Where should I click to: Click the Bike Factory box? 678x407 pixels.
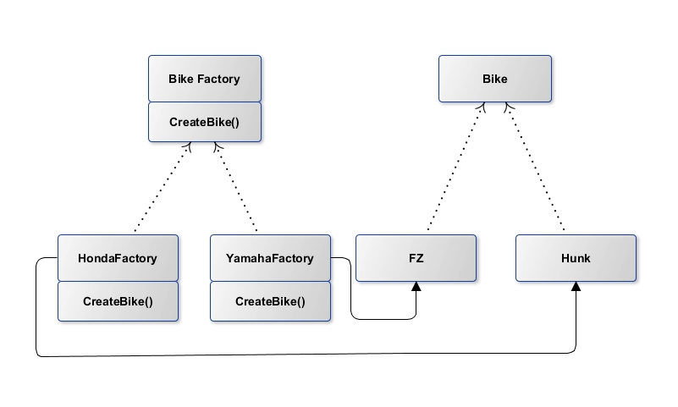click(205, 79)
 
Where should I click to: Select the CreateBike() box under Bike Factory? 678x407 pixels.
click(205, 122)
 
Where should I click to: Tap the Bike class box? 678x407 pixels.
click(495, 79)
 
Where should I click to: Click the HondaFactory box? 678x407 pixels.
click(118, 258)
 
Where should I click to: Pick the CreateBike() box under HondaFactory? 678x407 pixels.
click(118, 301)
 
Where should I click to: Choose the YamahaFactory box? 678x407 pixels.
click(270, 258)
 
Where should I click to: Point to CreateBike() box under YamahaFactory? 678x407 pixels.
click(270, 301)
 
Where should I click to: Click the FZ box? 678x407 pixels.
click(415, 258)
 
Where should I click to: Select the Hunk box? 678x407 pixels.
click(576, 258)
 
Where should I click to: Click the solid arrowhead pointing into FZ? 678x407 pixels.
click(416, 288)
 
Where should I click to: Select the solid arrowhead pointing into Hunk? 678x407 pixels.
click(576, 288)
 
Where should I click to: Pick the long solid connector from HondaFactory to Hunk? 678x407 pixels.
click(305, 355)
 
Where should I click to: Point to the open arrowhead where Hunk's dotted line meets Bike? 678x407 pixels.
click(508, 107)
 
